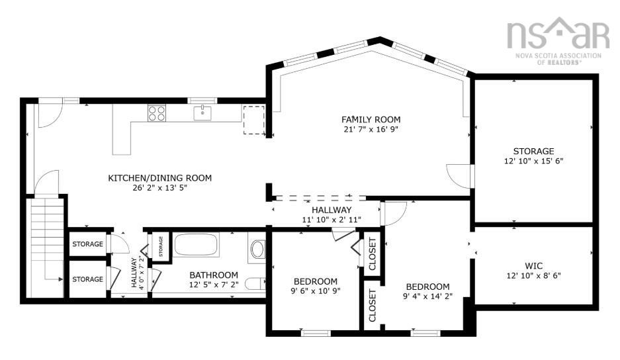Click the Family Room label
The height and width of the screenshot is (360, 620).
pyautogui.click(x=371, y=119)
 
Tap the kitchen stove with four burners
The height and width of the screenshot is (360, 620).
pyautogui.click(x=157, y=113)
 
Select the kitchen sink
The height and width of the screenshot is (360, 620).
pyautogui.click(x=202, y=113)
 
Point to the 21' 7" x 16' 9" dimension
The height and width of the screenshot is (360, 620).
pyautogui.click(x=371, y=129)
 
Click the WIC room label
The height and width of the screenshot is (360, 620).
pyautogui.click(x=534, y=266)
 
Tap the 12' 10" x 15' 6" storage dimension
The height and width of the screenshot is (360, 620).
pyautogui.click(x=534, y=161)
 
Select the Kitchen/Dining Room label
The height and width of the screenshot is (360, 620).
pyautogui.click(x=159, y=178)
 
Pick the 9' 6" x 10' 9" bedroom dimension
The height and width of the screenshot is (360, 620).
pyautogui.click(x=315, y=291)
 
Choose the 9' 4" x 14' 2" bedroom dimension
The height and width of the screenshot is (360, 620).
pyautogui.click(x=428, y=296)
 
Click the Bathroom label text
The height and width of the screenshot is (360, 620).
pyautogui.click(x=214, y=275)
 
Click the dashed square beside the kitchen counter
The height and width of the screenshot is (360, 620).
pyautogui.click(x=254, y=120)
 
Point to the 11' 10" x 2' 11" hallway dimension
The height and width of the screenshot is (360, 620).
pyautogui.click(x=332, y=220)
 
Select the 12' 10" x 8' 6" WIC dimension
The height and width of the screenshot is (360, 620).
pyautogui.click(x=534, y=276)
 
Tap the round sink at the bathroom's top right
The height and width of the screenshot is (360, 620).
pyautogui.click(x=258, y=249)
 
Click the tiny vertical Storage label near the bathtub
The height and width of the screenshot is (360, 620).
pyautogui.click(x=161, y=246)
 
